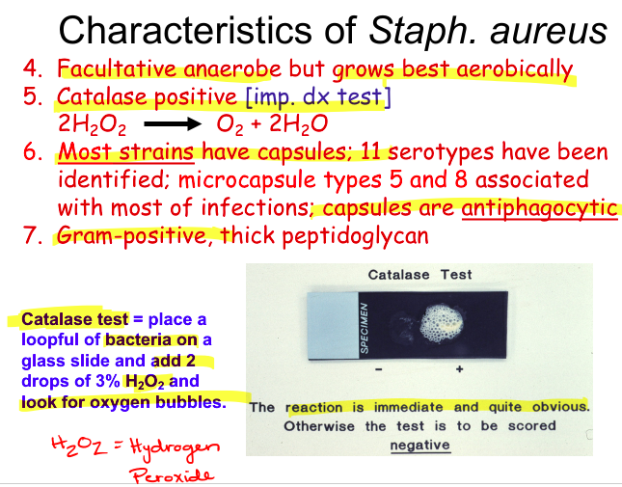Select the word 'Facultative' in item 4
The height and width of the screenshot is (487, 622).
point(111,70)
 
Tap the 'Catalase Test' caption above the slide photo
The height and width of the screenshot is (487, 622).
point(420,275)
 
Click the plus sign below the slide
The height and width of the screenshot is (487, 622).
point(459,370)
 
